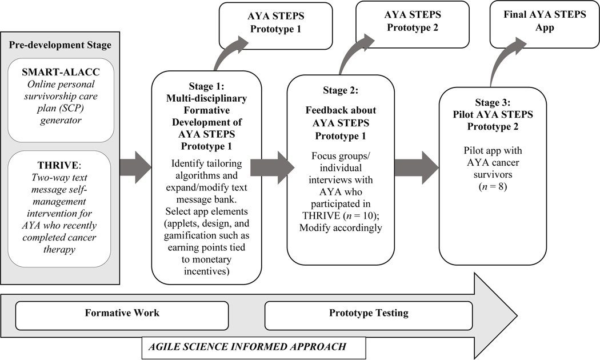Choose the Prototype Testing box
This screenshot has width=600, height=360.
click(369, 313)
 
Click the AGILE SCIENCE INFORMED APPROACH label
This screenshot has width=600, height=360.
click(247, 346)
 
